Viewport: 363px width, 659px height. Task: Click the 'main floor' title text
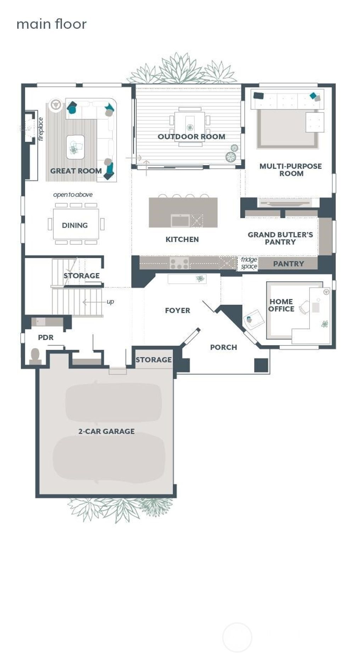[51, 24]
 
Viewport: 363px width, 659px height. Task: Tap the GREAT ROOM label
[76, 171]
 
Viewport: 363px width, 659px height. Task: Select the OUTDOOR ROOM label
[191, 137]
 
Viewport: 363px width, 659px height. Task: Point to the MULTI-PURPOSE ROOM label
[291, 170]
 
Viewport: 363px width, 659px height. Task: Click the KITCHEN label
[182, 239]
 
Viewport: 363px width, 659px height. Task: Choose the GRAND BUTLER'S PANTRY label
[280, 238]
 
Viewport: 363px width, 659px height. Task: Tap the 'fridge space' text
[249, 263]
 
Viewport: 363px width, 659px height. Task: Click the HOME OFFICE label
[281, 305]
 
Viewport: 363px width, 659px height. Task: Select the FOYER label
[178, 311]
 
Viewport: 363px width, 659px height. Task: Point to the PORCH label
[223, 348]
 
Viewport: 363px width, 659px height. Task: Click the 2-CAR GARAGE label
[106, 432]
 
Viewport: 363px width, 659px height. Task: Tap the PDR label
[46, 338]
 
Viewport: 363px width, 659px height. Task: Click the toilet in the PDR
[35, 356]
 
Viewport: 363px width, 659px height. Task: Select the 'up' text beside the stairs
[110, 302]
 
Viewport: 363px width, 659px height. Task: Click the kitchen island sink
[180, 221]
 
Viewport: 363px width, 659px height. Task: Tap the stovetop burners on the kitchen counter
[179, 264]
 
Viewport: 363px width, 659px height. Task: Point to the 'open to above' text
[73, 195]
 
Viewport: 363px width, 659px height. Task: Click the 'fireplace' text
[40, 129]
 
